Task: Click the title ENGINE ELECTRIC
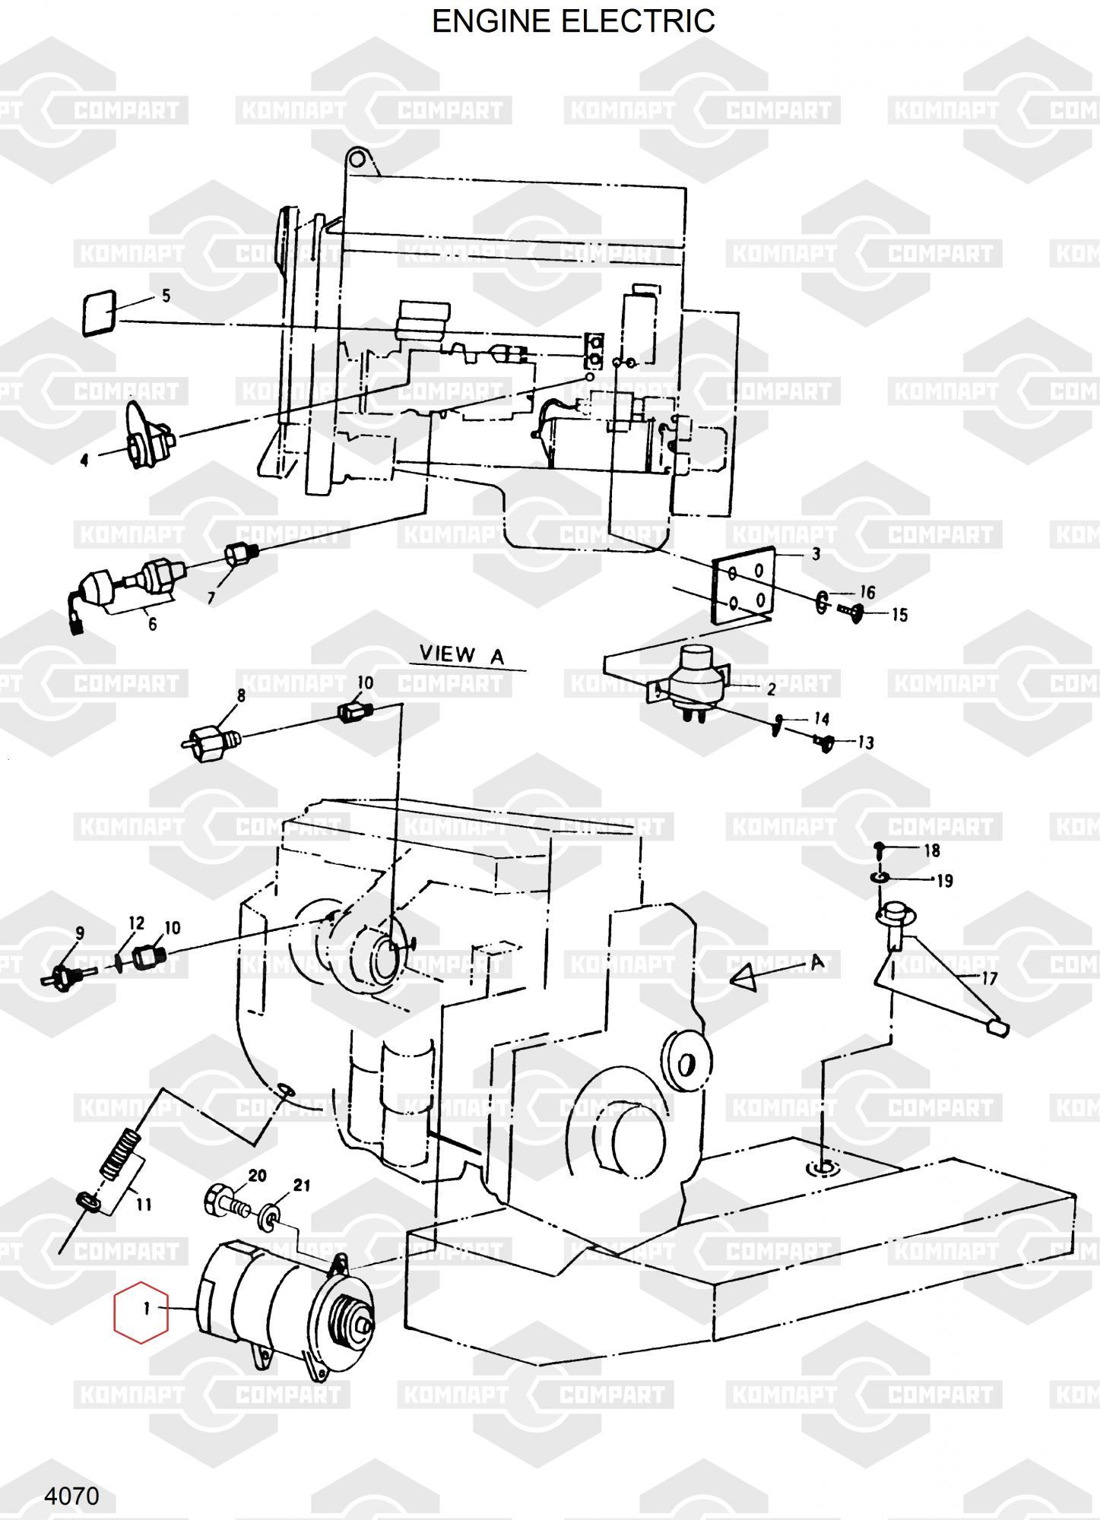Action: pos(573,21)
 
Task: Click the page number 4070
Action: pos(71,1496)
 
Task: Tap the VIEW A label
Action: pos(462,654)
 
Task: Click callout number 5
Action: pos(166,296)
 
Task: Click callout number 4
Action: pos(84,460)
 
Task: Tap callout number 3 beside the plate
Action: pos(816,554)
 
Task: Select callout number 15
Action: pos(899,615)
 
